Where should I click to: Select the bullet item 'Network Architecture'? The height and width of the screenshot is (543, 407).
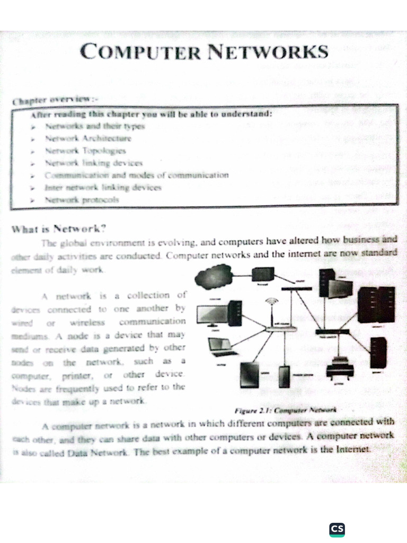point(88,138)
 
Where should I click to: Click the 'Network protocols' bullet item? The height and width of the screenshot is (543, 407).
point(82,200)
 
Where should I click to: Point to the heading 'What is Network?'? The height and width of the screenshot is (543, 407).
point(59,229)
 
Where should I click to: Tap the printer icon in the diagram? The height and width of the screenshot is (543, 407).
point(340,366)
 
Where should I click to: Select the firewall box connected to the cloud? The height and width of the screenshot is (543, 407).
point(262,274)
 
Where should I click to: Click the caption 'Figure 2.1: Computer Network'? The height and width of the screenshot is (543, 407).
point(285,410)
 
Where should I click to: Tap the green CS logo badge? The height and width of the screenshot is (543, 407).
point(337,529)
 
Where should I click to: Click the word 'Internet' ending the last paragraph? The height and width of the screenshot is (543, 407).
point(353,449)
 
